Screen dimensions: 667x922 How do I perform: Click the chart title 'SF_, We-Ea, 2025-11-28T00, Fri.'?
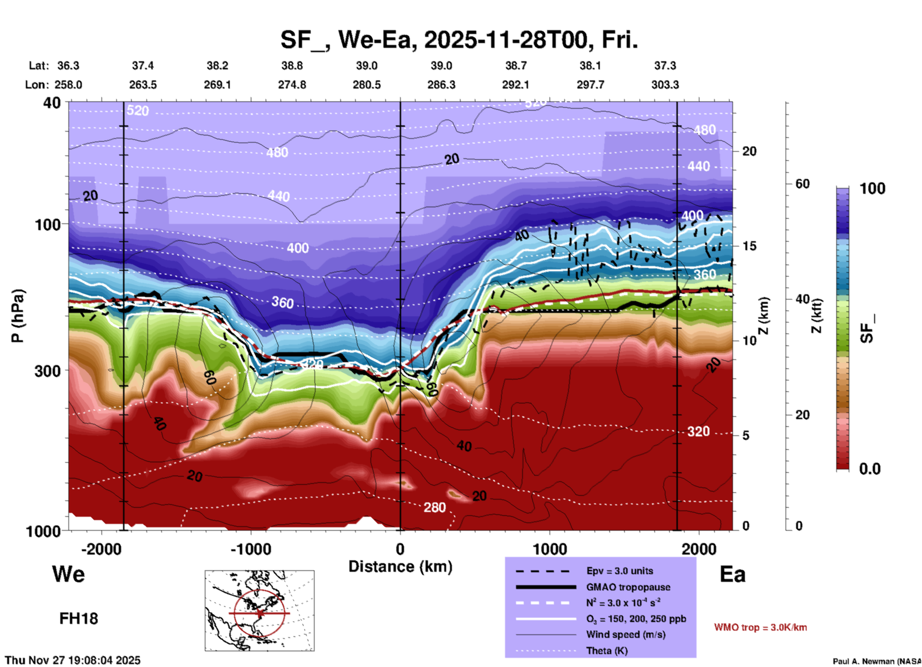pos(459,40)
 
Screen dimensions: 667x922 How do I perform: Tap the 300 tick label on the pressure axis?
pos(48,371)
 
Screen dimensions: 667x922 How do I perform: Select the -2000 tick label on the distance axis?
pos(101,549)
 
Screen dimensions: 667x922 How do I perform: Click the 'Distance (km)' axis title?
pos(400,567)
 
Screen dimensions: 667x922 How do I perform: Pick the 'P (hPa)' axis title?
pos(18,316)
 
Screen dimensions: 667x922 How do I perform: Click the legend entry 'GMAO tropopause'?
pos(628,587)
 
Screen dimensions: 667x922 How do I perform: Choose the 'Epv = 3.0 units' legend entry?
pos(619,571)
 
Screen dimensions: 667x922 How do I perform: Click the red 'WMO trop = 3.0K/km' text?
pos(760,627)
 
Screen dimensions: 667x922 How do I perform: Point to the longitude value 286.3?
pos(441,85)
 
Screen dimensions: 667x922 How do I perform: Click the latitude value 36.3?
pos(68,66)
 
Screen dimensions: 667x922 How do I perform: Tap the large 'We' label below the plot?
pos(68,574)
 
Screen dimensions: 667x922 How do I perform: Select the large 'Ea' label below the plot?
pos(732,574)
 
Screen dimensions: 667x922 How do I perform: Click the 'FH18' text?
pos(79,619)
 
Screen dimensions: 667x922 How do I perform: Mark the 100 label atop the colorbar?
pos(872,189)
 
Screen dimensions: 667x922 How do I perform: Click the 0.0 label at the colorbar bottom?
pos(870,469)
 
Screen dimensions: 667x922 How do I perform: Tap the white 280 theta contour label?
pos(434,507)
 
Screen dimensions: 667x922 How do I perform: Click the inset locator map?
pos(259,611)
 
